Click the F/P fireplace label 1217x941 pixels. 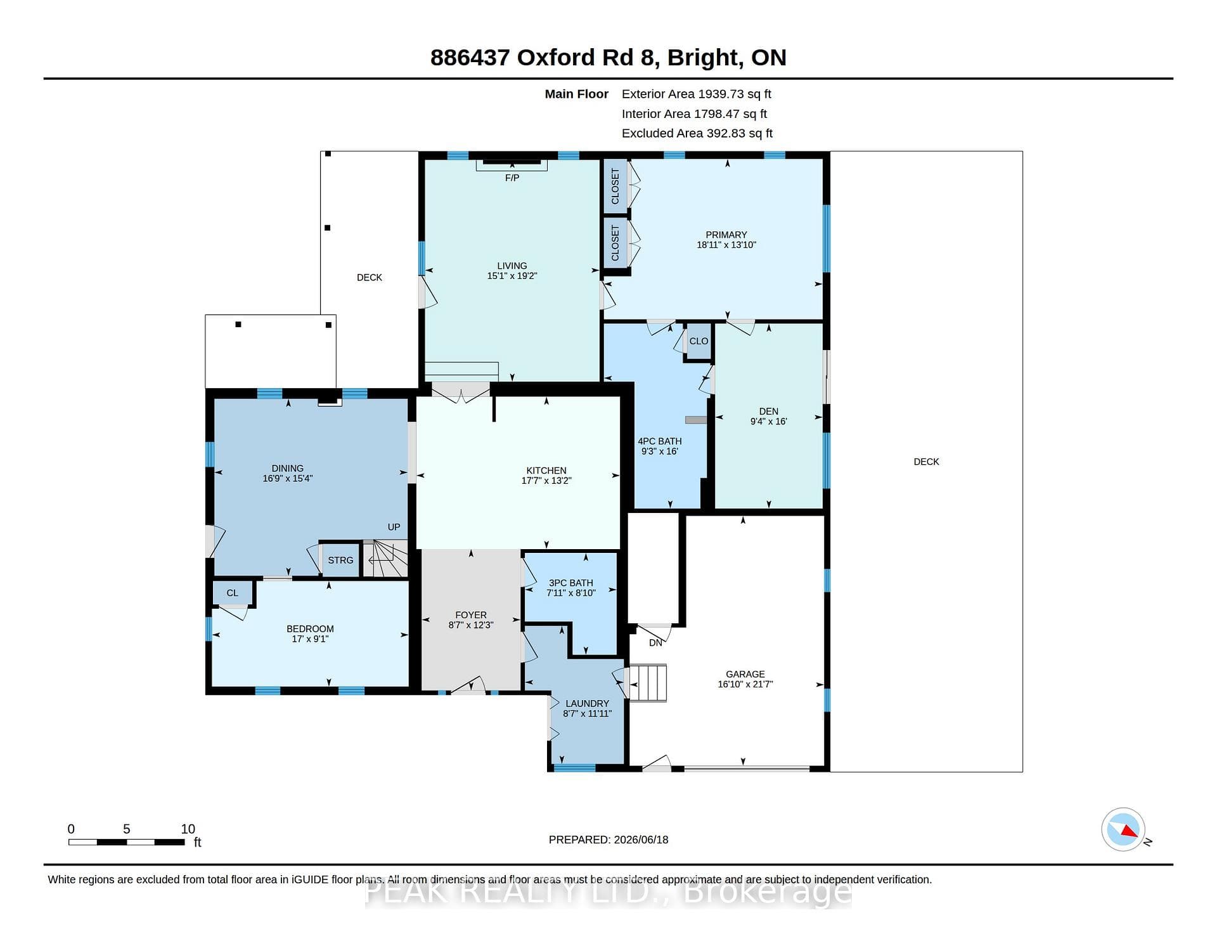(512, 178)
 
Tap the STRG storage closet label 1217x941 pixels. (340, 560)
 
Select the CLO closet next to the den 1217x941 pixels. (699, 341)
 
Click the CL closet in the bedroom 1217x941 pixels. (233, 593)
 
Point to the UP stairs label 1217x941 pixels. (394, 527)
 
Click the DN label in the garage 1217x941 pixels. (655, 642)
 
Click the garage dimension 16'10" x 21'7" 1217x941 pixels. (745, 684)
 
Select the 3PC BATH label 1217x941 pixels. (571, 583)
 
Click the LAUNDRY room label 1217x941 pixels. (587, 703)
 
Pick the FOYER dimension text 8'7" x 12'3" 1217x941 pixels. (471, 625)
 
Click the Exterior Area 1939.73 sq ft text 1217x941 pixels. (697, 94)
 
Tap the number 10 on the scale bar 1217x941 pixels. (188, 829)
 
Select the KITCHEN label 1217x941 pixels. (546, 470)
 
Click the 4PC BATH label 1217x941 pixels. (660, 441)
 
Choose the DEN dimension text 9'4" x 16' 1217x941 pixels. (769, 421)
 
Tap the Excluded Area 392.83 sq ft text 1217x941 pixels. (697, 133)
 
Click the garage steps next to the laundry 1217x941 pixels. (648, 683)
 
